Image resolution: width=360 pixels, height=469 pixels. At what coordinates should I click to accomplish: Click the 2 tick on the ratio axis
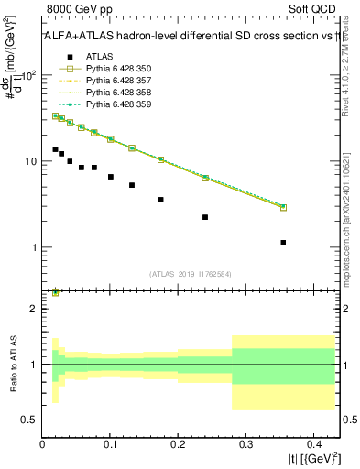click(x=34, y=309)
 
